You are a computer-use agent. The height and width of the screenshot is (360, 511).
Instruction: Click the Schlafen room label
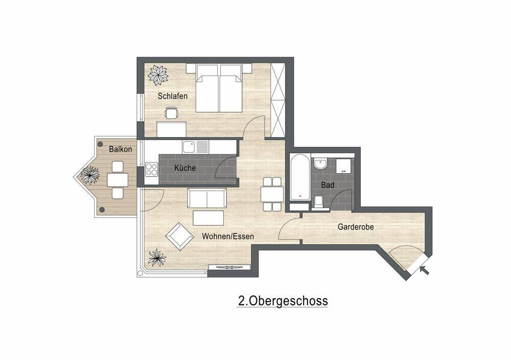pos(172,96)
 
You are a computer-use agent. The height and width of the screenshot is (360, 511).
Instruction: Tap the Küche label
pos(185,168)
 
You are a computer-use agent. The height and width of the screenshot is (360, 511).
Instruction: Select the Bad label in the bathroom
pos(328,185)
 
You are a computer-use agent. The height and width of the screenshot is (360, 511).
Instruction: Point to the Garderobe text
pos(356,227)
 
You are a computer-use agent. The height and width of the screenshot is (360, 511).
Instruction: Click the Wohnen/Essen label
pos(228,236)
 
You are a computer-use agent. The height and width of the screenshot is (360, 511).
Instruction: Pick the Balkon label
pos(120,149)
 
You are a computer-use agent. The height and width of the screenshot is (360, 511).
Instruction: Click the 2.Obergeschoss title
pos(283,301)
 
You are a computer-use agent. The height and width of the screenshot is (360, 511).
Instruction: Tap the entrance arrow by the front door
pos(425,270)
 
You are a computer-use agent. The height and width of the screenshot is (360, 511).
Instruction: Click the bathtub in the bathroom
pos(300,177)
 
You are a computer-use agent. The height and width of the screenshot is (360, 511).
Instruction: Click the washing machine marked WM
pos(343,166)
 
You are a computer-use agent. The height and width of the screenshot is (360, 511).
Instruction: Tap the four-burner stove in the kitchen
pos(151,169)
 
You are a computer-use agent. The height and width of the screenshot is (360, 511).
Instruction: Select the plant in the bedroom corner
pos(158,75)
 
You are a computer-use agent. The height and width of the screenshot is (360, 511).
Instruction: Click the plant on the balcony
pos(89,175)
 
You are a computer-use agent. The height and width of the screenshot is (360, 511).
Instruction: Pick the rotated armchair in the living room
pos(179,236)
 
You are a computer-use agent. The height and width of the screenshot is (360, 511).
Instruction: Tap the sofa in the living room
pos(206,198)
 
